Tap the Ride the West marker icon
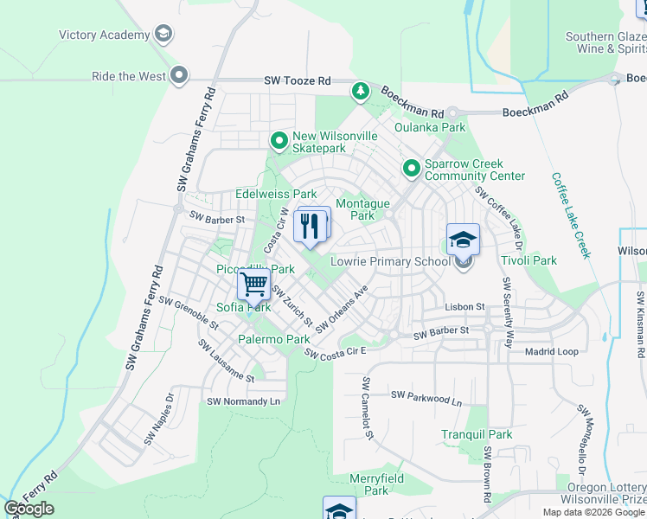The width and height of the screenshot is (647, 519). click(180, 76)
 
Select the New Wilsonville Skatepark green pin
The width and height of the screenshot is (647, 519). click(279, 140)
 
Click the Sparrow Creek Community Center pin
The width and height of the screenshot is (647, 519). click(411, 169)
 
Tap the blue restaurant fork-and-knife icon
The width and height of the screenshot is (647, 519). click(311, 226)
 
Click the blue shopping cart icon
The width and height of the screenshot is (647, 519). click(253, 283)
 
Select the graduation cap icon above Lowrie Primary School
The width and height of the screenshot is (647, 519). click(463, 240)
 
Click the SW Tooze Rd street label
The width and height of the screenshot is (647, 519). click(298, 81)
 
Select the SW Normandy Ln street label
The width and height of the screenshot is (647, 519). click(244, 402)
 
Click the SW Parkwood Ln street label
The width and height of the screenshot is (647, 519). click(426, 398)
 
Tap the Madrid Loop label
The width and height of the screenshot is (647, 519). click(552, 352)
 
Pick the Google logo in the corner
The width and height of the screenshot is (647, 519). click(29, 509)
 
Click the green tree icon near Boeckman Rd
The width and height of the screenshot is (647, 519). click(360, 91)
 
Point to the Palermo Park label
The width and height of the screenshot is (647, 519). click(274, 340)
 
